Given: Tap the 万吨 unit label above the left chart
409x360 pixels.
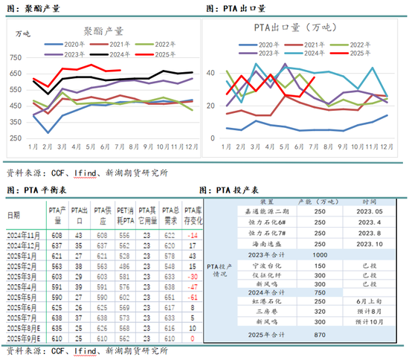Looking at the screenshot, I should (x=24, y=33).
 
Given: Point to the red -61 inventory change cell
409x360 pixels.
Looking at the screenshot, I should (x=193, y=296).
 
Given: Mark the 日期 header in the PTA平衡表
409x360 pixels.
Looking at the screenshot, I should (x=15, y=215).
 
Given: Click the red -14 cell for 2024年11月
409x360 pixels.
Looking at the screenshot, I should (x=193, y=234).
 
